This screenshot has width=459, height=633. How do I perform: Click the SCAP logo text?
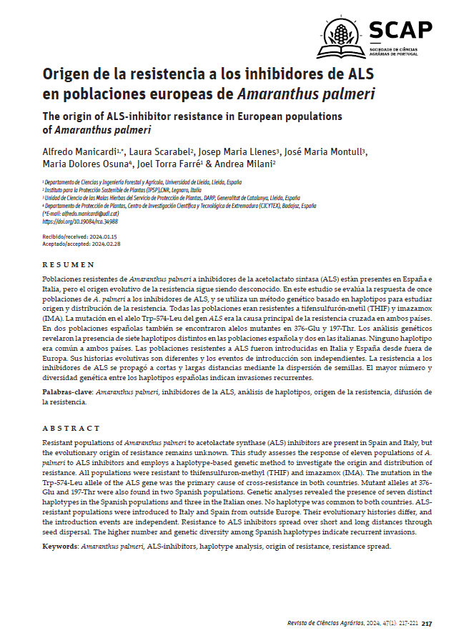[400, 29]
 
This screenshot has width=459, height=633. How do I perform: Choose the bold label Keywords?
[61, 546]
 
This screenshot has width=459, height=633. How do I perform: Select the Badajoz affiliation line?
[179, 205]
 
